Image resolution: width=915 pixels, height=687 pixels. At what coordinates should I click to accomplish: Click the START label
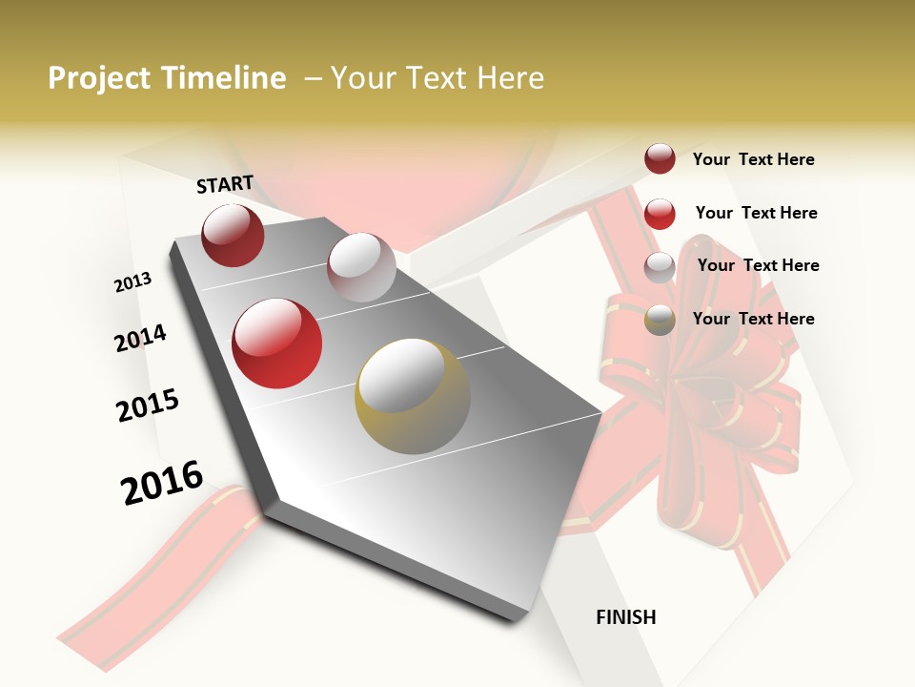[x=225, y=184]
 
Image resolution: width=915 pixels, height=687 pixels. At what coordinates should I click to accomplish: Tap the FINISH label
[x=625, y=617]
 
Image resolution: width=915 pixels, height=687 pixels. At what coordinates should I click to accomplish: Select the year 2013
[x=132, y=282]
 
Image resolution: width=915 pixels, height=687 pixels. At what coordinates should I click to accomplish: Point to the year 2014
[x=140, y=338]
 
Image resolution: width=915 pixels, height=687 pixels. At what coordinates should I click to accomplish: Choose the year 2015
[x=147, y=406]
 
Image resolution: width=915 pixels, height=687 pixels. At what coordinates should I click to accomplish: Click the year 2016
[x=162, y=482]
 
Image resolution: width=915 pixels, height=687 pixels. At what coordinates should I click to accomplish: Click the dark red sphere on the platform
[x=233, y=235]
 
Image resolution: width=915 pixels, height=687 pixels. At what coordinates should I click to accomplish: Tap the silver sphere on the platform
[x=361, y=267]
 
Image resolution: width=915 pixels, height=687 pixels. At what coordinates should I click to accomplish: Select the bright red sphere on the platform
[x=277, y=343]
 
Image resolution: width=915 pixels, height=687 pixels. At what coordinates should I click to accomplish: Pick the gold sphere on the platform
[x=413, y=396]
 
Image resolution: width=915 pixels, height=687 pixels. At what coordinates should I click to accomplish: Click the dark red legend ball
[x=660, y=158]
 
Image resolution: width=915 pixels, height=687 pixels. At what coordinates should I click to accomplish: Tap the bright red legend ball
[x=660, y=214]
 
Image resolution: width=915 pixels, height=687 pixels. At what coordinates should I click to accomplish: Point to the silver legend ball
[x=660, y=267]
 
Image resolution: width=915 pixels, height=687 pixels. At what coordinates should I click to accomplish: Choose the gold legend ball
[x=660, y=320]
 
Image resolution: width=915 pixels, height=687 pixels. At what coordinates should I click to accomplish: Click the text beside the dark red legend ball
[x=753, y=159]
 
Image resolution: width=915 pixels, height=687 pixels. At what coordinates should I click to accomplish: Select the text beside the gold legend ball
[x=753, y=319]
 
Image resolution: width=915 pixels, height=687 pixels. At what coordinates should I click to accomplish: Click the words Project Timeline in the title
[x=167, y=78]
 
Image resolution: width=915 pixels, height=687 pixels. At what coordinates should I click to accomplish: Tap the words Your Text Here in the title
[x=437, y=78]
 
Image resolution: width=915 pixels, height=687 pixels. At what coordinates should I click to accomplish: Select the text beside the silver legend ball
[x=758, y=265]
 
